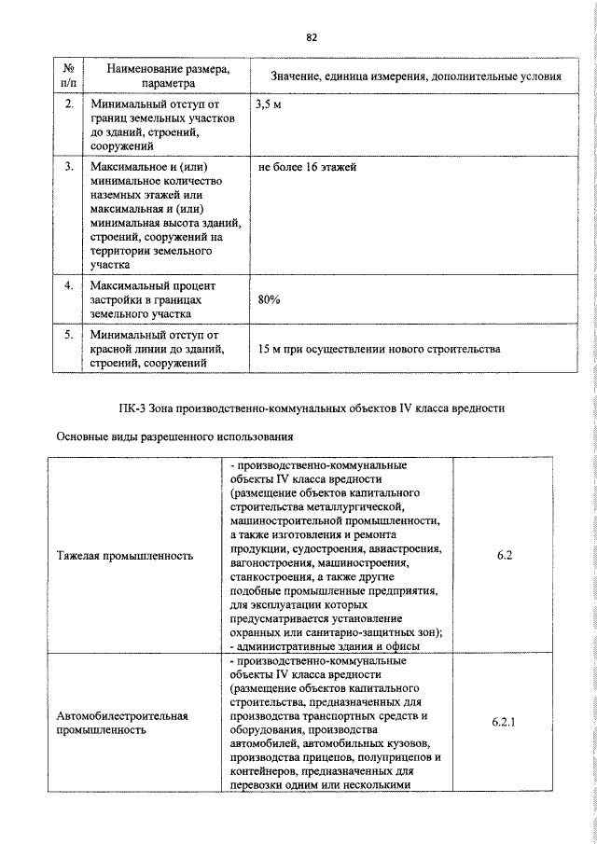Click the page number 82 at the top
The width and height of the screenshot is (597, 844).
[312, 37]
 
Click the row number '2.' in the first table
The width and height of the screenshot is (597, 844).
[69, 104]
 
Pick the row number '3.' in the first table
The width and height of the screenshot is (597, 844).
[69, 167]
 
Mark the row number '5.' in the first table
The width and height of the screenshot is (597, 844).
[69, 334]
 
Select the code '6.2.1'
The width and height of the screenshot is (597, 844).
[504, 722]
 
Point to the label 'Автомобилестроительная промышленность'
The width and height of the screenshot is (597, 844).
[122, 723]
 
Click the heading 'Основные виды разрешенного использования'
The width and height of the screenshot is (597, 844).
[175, 436]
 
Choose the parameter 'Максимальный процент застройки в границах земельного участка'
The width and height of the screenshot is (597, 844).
[155, 300]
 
